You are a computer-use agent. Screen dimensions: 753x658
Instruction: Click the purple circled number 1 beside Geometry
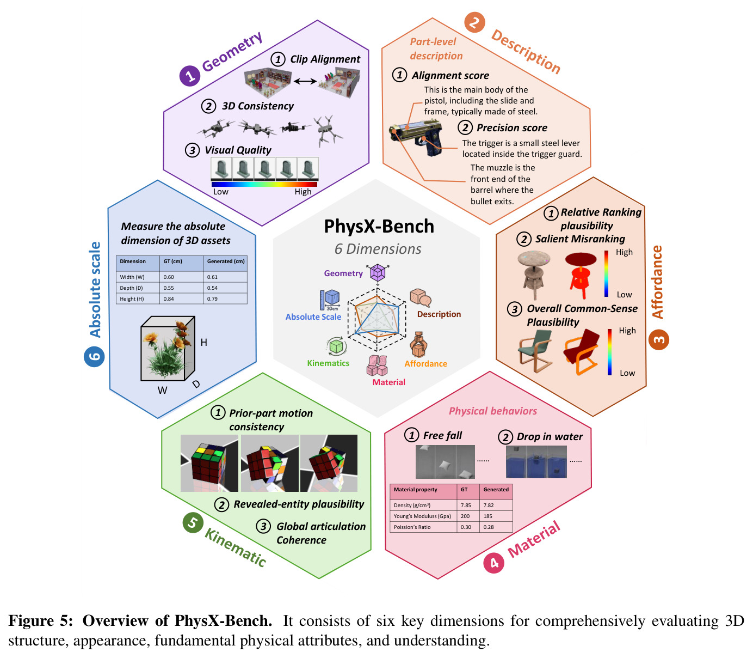[x=189, y=76]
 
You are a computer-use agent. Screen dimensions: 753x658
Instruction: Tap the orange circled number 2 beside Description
[x=474, y=22]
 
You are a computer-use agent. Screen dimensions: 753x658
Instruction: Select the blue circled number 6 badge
[x=94, y=356]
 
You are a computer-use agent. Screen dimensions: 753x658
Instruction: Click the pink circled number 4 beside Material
[x=493, y=563]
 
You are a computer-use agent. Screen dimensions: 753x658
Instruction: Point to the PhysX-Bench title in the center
[x=379, y=226]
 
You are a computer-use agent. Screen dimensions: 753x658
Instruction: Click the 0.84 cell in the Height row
[x=169, y=299]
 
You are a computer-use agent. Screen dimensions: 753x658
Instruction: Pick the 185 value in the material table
[x=487, y=516]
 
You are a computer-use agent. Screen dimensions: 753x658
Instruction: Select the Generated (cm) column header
[x=226, y=261]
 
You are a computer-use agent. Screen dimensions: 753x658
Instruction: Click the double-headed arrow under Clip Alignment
[x=305, y=81]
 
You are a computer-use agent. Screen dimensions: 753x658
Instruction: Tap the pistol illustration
[x=416, y=138]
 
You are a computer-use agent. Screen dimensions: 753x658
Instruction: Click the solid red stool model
[x=580, y=275]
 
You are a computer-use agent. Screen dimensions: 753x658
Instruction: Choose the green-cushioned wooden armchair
[x=535, y=351]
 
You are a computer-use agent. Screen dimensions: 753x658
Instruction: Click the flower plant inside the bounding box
[x=168, y=350]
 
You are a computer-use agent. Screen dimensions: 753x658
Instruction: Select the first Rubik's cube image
[x=209, y=463]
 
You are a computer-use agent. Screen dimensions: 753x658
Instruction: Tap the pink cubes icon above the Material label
[x=377, y=365]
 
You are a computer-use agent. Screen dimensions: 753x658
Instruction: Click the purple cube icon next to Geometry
[x=378, y=273]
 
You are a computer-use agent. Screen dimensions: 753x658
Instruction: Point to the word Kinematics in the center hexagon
[x=328, y=363]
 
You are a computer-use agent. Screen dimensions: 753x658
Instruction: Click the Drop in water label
[x=550, y=437]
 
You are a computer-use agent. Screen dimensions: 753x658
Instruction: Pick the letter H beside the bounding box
[x=203, y=343]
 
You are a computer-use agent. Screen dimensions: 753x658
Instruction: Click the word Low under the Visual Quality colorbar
[x=221, y=192]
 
